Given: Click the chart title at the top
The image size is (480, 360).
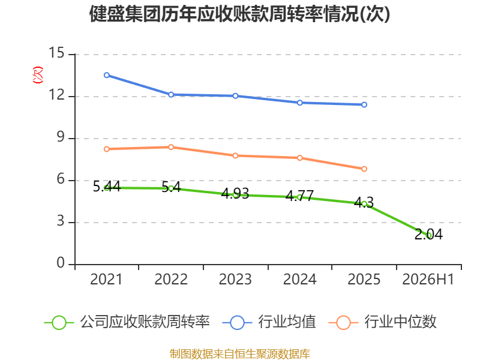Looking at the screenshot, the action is (239, 14).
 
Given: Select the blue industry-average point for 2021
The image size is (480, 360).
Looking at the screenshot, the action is (107, 75).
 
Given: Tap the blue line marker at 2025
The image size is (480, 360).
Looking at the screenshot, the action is (364, 104).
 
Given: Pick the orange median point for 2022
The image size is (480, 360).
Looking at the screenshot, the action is (171, 147).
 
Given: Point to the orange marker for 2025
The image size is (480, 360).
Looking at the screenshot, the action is (364, 169).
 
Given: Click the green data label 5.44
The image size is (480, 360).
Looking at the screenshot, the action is (107, 186).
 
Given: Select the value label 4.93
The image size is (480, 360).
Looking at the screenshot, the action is (235, 193).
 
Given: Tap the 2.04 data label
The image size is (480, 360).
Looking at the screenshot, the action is (428, 234).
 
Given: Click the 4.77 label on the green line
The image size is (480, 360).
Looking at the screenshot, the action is (299, 196).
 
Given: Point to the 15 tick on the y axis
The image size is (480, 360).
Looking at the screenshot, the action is (56, 53).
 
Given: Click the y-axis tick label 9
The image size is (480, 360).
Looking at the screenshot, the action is (61, 137).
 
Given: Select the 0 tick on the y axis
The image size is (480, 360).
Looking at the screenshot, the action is (61, 263).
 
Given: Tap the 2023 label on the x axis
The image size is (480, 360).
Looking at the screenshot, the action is (235, 279).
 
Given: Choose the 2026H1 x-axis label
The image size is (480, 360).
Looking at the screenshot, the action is (428, 279).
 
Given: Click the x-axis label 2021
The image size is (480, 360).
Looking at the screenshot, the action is (106, 279).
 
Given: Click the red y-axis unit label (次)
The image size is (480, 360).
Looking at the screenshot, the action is (38, 75).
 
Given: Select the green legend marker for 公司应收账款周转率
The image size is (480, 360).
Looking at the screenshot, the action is (59, 323).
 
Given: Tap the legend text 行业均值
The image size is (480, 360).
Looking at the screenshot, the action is (287, 322).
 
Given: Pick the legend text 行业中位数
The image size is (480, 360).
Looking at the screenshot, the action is (400, 322).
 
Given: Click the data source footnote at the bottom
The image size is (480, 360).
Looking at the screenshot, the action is (240, 354).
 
